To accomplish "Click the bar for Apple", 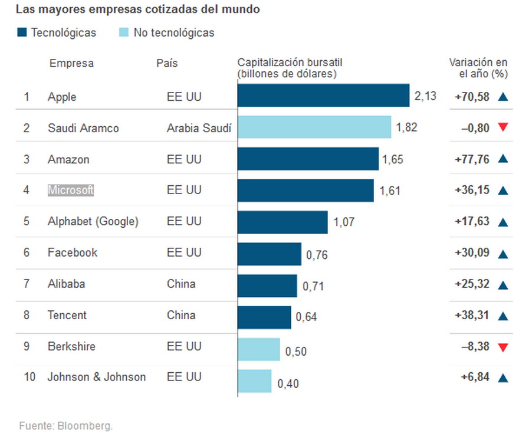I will coord(323,96).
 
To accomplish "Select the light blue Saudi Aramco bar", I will coord(314,127).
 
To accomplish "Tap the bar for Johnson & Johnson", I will coord(255,381).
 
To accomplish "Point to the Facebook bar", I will coord(270,254).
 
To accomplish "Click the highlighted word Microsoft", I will coord(71,190).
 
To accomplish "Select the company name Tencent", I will coord(67,315).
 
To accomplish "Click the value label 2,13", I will coord(425,96).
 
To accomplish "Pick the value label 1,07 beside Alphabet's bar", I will coord(344,222).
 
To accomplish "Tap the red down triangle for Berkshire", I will coord(503,347).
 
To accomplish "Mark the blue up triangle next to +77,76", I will coord(503,159).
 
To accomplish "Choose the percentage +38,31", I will coord(472,316).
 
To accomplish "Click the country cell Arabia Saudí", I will coord(199,128).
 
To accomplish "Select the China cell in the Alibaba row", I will coord(181,284).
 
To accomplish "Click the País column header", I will coord(167,64).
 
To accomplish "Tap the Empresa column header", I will coord(71,64).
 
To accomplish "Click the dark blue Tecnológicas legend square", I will coord(22,33).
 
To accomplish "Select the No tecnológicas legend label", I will coord(174,33).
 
